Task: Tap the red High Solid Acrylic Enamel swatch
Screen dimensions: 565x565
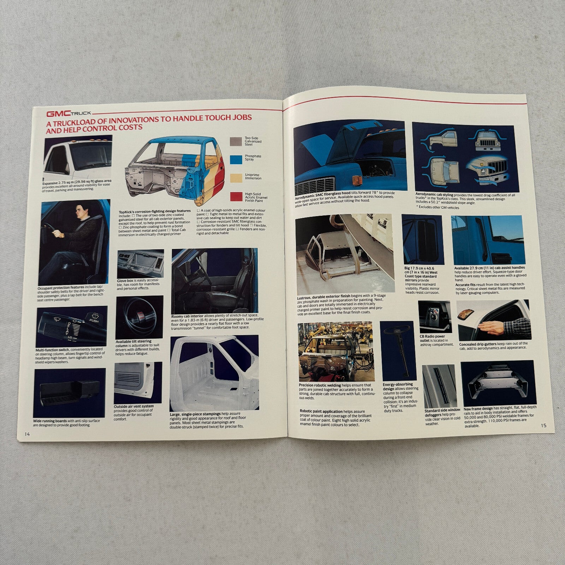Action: coord(236,197)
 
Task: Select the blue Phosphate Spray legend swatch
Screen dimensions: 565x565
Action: coord(236,159)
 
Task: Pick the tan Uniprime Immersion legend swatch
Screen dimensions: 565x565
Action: coord(236,178)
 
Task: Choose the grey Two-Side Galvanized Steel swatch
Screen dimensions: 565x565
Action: coord(236,141)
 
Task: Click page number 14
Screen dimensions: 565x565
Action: coord(27,434)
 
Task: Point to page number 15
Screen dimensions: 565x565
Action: coord(543,425)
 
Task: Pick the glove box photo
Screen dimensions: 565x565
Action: coord(140,264)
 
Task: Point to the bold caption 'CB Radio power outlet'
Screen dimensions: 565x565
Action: coord(432,338)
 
